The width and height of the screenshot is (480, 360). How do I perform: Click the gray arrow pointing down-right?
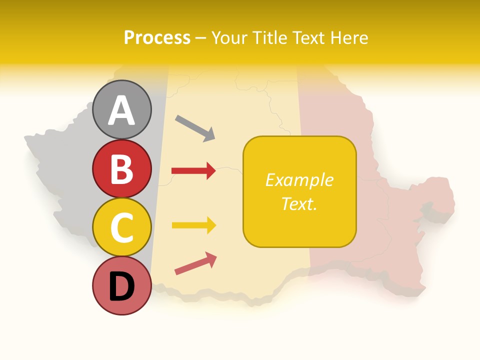pos(195,128)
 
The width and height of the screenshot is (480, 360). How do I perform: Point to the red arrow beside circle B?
pos(193,171)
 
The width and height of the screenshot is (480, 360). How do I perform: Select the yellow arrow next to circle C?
pos(193,225)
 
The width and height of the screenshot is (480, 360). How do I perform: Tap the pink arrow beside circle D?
pos(195,263)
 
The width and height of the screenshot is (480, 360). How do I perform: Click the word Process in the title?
pos(157,37)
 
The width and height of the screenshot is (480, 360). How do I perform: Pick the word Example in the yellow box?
pos(299,180)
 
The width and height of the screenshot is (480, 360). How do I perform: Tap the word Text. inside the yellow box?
pos(299,203)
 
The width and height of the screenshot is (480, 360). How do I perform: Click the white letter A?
pos(121,110)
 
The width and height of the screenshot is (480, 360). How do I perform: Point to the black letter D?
pos(121,287)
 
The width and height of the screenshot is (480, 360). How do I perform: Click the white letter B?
pos(121,169)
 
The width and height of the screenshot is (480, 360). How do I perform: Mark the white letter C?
pos(121,228)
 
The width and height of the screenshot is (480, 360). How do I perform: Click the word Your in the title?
pos(230,37)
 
